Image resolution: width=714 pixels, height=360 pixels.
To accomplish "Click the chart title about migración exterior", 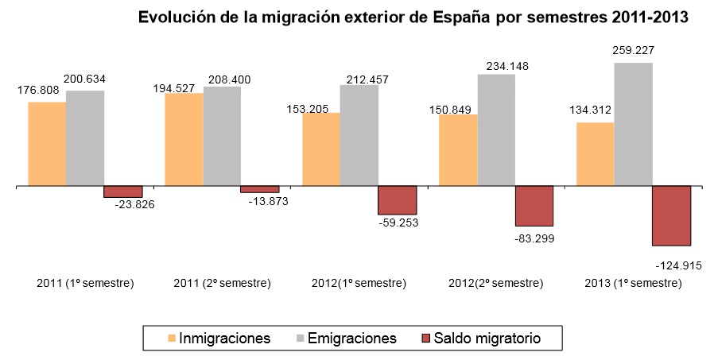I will (x=413, y=17).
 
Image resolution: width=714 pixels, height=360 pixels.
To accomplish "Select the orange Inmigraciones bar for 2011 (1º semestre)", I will (x=47, y=144).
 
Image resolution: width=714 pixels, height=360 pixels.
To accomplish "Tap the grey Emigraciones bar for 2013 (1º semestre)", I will (x=633, y=124).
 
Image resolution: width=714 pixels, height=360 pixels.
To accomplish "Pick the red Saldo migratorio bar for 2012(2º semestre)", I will (x=534, y=206).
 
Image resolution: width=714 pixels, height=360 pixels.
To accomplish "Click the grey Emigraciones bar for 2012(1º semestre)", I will (x=359, y=135).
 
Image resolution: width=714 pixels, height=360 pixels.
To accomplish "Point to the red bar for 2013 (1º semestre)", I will (x=671, y=215).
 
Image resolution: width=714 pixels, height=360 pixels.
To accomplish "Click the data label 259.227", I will (x=633, y=50).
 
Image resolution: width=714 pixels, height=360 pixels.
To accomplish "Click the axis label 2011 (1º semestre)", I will (x=86, y=284).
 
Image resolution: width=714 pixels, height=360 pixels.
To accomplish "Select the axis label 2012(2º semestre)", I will (x=496, y=284).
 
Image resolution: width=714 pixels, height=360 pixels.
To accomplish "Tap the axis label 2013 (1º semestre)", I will (x=634, y=284).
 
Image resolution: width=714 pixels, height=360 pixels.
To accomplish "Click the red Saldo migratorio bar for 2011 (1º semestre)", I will (x=123, y=192).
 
